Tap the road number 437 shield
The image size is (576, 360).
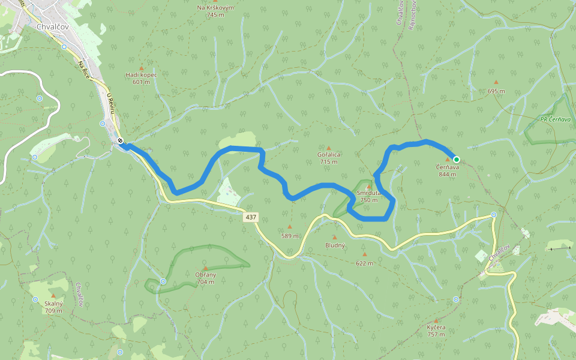[251, 217]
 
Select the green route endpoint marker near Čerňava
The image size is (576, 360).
[457, 159]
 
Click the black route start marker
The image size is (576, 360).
[121, 141]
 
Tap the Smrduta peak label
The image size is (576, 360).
[368, 193]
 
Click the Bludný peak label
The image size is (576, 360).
[335, 245]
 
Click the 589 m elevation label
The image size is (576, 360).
[290, 236]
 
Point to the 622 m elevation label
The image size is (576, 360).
[364, 263]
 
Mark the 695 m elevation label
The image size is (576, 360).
[496, 91]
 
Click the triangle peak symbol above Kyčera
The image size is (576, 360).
[436, 320]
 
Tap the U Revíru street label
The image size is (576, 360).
[110, 103]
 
